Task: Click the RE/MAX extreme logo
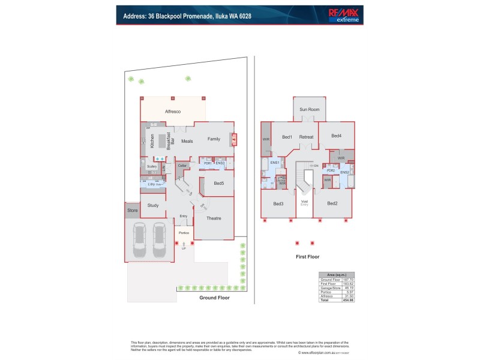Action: (x=345, y=15)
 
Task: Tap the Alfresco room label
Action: (x=173, y=112)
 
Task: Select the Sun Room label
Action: (x=310, y=110)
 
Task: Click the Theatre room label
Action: (x=214, y=218)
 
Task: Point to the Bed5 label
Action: (x=219, y=184)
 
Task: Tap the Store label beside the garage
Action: (x=133, y=211)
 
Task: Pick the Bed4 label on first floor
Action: (x=336, y=136)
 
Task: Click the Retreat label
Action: (x=307, y=137)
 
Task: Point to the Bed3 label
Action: (x=278, y=205)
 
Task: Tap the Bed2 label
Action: (x=332, y=204)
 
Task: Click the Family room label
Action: (x=214, y=139)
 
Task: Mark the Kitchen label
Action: (x=153, y=141)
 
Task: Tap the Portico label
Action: (x=184, y=232)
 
